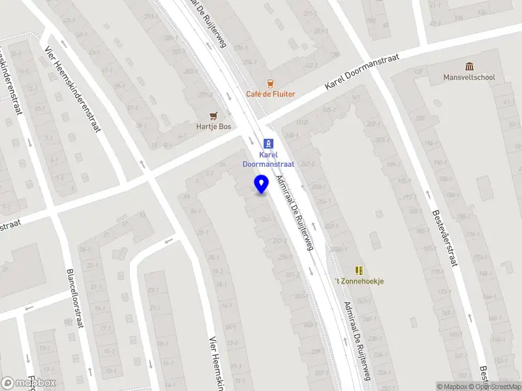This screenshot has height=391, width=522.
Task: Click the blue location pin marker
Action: [261, 184]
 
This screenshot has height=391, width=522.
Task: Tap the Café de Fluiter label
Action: [270, 94]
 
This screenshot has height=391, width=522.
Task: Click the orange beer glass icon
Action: [270, 83]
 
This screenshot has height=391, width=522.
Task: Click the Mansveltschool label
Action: [469, 78]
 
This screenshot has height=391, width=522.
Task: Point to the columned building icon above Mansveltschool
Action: [469, 66]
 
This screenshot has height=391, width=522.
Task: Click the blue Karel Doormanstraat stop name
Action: [268, 160]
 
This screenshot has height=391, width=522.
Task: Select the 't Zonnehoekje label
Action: [359, 281]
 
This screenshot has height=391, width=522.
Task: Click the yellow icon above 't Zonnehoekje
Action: [358, 270]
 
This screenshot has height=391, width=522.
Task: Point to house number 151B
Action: [301, 122]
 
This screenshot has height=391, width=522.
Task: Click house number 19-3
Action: [218, 271]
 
